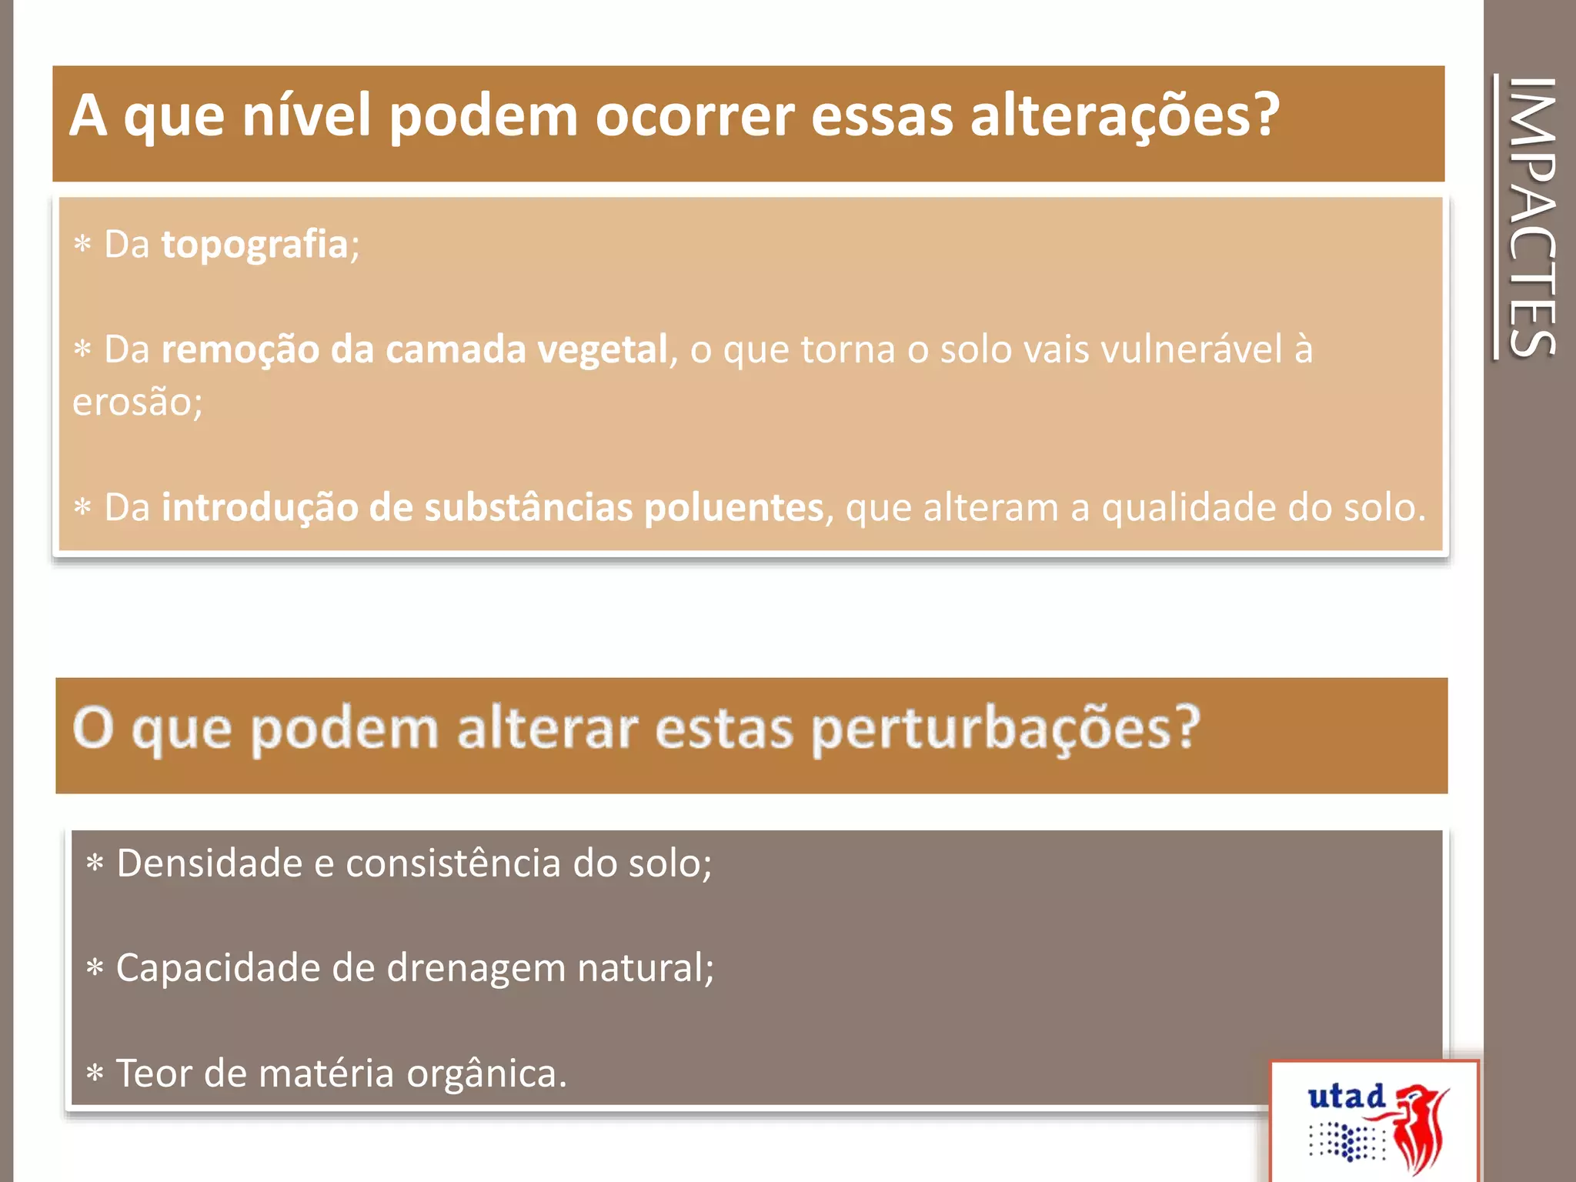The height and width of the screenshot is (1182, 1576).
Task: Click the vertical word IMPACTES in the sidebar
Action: pos(1532,217)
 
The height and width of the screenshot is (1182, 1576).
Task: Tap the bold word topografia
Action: pos(254,245)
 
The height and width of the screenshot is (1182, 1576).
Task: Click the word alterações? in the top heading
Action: pos(1124,115)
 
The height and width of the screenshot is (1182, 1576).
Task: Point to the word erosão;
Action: pos(137,402)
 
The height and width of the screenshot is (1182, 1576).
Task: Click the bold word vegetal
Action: pos(602,349)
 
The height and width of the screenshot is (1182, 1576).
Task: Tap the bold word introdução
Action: pos(259,508)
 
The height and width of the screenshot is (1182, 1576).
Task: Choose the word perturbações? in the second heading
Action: pos(1005,729)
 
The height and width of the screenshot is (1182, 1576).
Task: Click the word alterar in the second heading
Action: pos(547,729)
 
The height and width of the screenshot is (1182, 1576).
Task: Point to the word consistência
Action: pos(453,863)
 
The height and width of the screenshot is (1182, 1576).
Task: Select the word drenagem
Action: pos(476,969)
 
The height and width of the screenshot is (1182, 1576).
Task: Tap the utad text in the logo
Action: pos(1346,1097)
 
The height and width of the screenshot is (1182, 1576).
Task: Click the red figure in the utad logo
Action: pos(1421,1127)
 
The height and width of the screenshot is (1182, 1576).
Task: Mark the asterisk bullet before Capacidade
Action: pos(95,968)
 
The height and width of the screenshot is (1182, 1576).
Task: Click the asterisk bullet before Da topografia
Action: pos(82,245)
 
